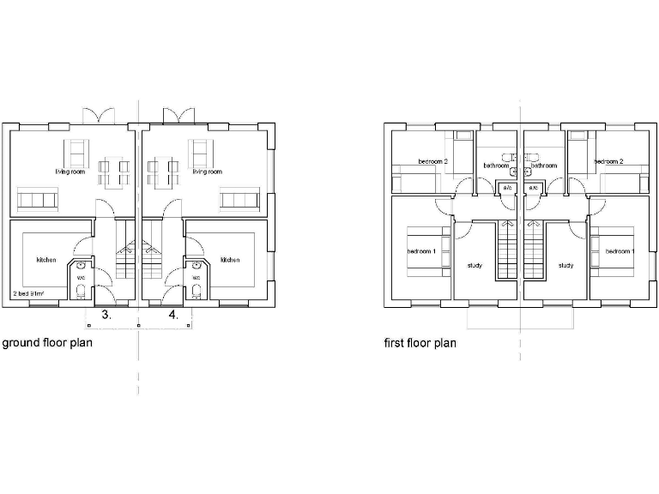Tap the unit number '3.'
106,315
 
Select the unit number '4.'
173,315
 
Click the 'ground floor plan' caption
47,343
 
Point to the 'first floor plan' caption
420,343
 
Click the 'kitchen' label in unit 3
45,260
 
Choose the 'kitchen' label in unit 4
230,260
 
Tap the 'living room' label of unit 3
71,172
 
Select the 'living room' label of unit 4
208,172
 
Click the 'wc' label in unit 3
81,278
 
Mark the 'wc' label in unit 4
196,278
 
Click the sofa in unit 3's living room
37,201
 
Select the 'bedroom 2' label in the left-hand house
432,161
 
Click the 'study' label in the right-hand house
565,266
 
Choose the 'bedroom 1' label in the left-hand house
421,251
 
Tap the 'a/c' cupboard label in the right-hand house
533,187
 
